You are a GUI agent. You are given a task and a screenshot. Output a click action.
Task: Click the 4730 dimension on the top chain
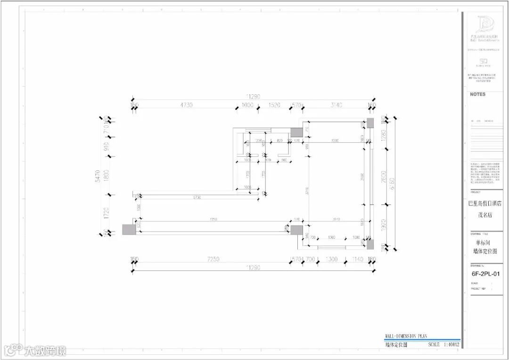186,105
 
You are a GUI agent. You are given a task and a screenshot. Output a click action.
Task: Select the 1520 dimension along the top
274,105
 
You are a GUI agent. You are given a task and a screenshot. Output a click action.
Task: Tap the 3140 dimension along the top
336,105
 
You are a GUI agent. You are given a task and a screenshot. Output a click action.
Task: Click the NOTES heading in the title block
477,94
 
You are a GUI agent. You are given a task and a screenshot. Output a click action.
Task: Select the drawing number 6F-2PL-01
485,273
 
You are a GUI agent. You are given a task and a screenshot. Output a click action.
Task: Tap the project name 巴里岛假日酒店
484,204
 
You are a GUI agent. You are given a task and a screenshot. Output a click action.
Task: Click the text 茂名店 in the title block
484,215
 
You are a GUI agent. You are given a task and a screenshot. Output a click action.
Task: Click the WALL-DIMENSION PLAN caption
406,336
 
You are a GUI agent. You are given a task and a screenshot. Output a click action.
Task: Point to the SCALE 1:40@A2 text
443,344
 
